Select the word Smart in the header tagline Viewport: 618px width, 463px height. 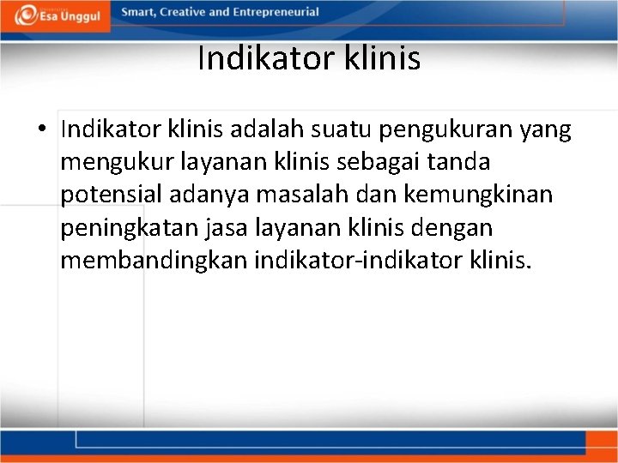138,12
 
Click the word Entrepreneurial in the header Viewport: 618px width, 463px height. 278,12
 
